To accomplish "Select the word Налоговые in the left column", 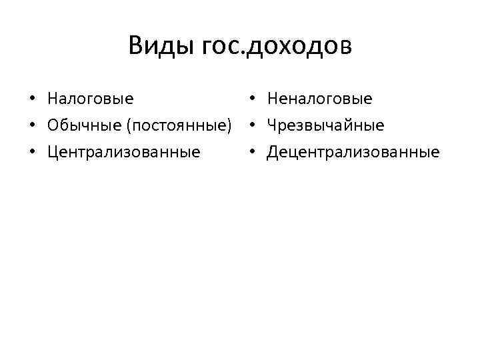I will (90, 99).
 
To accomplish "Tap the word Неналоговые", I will (319, 99).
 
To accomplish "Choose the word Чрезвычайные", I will (325, 125).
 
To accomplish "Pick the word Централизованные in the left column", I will (123, 152).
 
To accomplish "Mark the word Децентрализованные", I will (353, 152).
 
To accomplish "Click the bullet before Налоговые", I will (32, 100).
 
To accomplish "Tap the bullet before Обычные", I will (32, 126).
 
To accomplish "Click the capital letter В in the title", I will (135, 46).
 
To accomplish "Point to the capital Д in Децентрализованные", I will (273, 152).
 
